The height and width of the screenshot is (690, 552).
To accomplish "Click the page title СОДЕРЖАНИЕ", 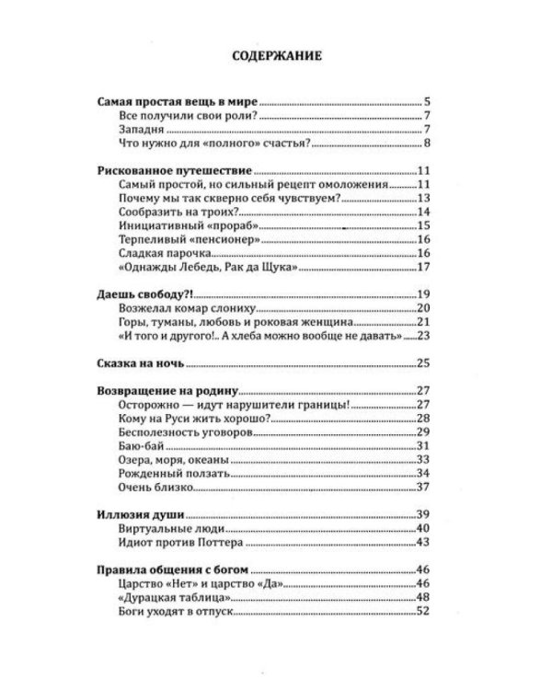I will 275,56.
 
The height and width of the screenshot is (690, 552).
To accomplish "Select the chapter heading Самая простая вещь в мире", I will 180,101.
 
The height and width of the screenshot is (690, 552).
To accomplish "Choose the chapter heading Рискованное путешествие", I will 174,171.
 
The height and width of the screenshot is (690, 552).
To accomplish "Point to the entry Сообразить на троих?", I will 178,212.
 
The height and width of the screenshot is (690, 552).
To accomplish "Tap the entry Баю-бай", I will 144,446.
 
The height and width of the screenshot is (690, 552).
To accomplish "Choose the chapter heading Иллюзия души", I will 141,513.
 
